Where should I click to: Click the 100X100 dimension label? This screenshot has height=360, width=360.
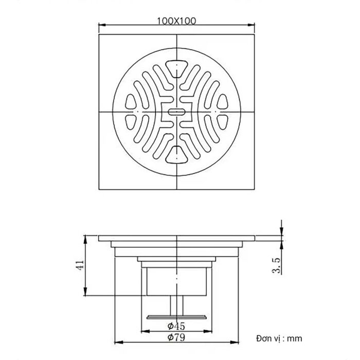[x=177, y=21]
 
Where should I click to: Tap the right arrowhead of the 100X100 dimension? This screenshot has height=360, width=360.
[x=254, y=24]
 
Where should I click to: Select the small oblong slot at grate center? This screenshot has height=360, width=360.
[x=177, y=111]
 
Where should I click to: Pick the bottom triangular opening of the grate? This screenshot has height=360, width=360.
[x=177, y=153]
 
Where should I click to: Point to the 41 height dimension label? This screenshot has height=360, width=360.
[x=80, y=265]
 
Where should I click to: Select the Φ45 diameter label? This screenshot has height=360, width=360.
[x=176, y=326]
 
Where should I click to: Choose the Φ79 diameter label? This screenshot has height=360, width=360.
[x=176, y=337]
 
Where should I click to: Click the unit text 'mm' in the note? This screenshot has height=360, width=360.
[x=294, y=338]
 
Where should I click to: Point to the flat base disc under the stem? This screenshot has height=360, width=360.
[x=177, y=317]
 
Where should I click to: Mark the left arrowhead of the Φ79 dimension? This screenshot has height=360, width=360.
[x=115, y=341]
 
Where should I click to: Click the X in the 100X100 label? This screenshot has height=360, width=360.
[x=177, y=21]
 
